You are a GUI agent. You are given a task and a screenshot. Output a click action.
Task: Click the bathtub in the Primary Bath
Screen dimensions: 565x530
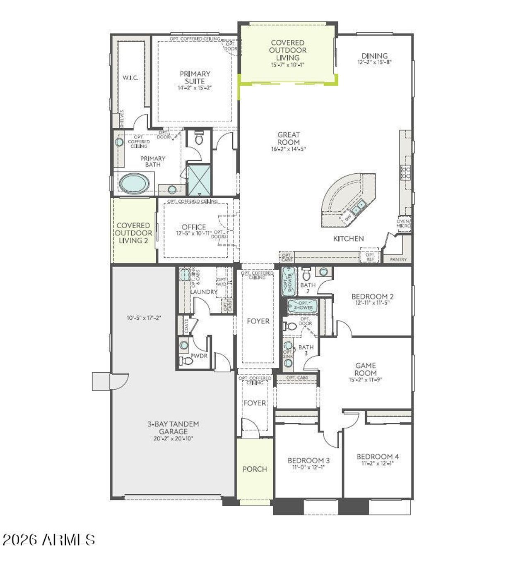click(135, 183)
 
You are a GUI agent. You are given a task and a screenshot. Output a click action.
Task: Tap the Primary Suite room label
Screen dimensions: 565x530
click(195, 77)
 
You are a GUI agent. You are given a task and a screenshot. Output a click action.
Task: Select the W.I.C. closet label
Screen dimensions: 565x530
click(130, 78)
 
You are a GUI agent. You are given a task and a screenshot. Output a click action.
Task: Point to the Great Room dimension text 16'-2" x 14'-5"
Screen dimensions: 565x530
click(288, 149)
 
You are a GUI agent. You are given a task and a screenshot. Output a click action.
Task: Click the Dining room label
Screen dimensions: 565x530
click(374, 56)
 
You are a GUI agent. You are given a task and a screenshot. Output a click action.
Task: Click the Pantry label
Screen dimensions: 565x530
click(398, 259)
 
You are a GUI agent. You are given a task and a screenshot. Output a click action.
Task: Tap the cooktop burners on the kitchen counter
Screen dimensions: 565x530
click(405, 172)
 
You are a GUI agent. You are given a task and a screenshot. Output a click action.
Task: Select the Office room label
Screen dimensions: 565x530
click(194, 227)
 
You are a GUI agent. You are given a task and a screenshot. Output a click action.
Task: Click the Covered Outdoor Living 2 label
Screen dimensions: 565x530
click(133, 233)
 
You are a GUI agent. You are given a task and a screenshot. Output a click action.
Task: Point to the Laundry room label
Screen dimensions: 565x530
click(204, 292)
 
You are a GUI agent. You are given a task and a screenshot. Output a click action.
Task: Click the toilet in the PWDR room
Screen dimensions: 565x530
click(187, 361)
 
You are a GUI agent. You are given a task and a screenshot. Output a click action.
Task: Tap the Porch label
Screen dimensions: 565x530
click(255, 469)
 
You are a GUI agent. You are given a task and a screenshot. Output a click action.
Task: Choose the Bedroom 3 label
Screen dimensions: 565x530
click(308, 460)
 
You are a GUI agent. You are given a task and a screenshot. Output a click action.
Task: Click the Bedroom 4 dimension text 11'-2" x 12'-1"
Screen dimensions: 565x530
click(377, 464)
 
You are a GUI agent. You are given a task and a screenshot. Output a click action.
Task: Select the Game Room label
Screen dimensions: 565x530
click(365, 369)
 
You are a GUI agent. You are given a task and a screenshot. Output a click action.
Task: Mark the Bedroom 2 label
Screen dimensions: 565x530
click(372, 296)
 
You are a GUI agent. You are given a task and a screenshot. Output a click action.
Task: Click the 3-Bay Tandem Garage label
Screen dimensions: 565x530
click(173, 428)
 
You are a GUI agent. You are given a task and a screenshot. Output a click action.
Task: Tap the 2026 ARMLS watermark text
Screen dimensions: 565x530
click(49, 539)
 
